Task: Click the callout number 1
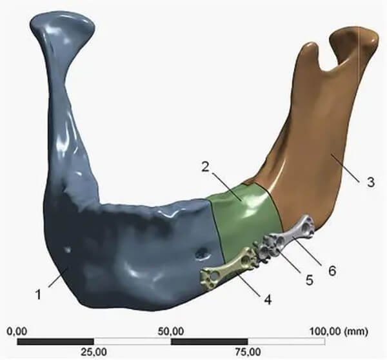38,294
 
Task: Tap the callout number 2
205,167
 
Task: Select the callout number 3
370,182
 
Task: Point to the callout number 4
268,300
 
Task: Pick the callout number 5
309,280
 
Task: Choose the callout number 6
332,270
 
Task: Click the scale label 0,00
17,331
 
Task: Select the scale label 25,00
94,352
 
